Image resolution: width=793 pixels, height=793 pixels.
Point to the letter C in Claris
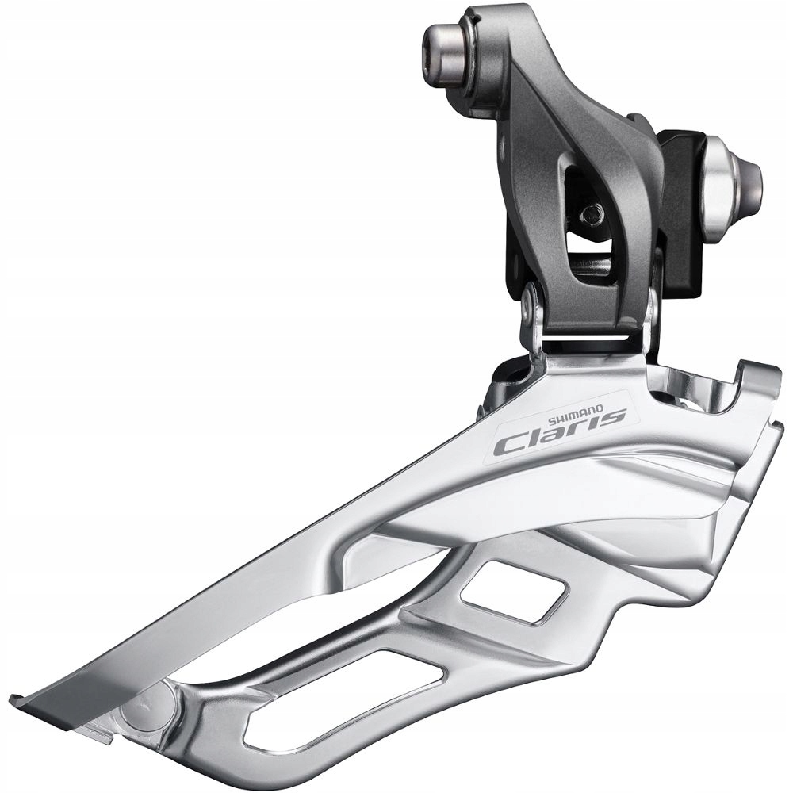click(507, 445)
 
